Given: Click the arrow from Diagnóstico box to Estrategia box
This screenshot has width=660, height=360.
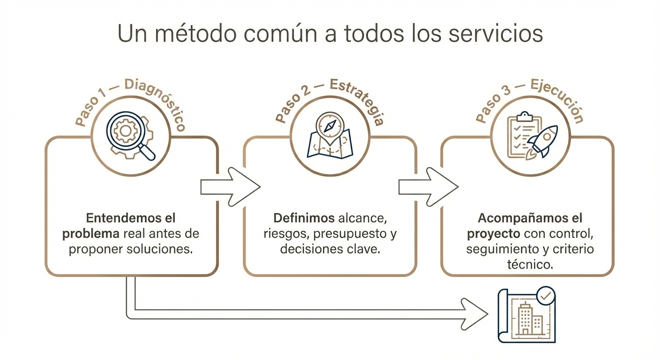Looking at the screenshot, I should (x=230, y=187).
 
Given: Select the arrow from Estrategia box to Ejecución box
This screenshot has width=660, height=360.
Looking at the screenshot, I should (x=428, y=187).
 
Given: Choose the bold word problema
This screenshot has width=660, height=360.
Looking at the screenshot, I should (x=90, y=233).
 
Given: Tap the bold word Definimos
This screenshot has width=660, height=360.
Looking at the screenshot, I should (x=304, y=218).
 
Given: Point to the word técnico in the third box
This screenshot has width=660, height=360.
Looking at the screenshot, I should (x=529, y=264).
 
